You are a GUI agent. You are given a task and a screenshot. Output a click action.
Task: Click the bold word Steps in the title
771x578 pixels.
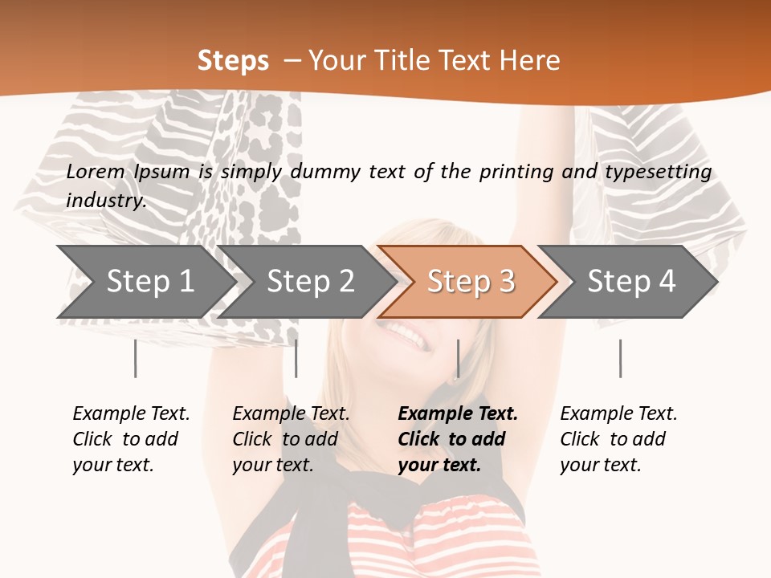click(x=233, y=61)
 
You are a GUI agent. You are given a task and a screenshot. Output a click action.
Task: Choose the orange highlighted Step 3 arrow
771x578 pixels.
click(x=470, y=281)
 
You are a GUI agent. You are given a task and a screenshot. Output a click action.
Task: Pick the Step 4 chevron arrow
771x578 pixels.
click(x=630, y=281)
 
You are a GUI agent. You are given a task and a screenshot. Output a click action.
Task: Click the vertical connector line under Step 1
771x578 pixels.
click(x=135, y=358)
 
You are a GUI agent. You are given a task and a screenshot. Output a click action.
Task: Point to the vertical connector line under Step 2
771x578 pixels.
click(x=296, y=358)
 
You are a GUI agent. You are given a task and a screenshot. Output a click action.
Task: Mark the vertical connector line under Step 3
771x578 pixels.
click(x=458, y=358)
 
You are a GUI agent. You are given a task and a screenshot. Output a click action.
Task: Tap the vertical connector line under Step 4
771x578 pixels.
click(x=620, y=358)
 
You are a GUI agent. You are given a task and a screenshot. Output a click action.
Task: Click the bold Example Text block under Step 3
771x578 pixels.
click(x=458, y=439)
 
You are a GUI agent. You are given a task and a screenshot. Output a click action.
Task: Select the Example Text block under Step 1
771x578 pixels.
click(x=131, y=439)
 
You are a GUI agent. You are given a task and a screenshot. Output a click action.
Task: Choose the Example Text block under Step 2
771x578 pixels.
click(x=291, y=439)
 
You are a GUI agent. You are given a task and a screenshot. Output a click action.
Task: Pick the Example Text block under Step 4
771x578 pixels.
click(x=618, y=439)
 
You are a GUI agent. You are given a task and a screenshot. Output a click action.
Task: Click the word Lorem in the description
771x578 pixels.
click(x=95, y=171)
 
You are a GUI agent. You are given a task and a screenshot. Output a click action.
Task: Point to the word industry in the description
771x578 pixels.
click(x=106, y=200)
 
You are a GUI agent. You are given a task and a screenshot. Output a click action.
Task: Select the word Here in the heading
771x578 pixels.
click(x=529, y=61)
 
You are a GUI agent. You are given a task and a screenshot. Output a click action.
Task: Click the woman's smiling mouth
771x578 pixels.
click(x=406, y=336)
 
